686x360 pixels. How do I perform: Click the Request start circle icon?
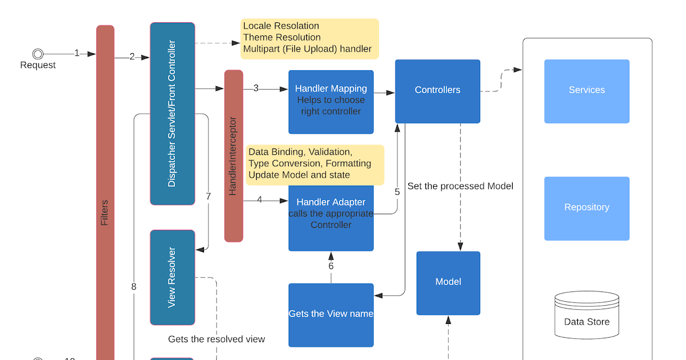coord(38,54)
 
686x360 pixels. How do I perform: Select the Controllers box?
coord(437,91)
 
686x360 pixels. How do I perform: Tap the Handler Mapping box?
coord(331,102)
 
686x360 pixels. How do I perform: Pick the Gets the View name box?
coord(331,314)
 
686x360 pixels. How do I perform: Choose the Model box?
coord(448,283)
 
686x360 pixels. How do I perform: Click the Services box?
coord(587,91)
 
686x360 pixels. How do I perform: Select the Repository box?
coord(587,208)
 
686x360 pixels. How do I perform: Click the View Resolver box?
coord(172,277)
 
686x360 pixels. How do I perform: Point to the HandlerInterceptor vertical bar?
coord(233,155)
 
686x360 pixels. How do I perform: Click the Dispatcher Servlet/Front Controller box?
coord(172,113)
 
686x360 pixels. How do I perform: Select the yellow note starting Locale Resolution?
coord(309,38)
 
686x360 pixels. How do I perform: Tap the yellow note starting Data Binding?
coord(314,164)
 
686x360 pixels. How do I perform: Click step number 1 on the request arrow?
coord(77,53)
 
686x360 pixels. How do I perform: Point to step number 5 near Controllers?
coord(397,192)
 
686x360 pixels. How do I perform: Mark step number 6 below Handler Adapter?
coord(331,266)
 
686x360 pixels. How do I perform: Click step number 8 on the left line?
coord(134,287)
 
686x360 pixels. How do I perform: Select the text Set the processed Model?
coord(460,186)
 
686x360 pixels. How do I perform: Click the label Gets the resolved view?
coord(217,339)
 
